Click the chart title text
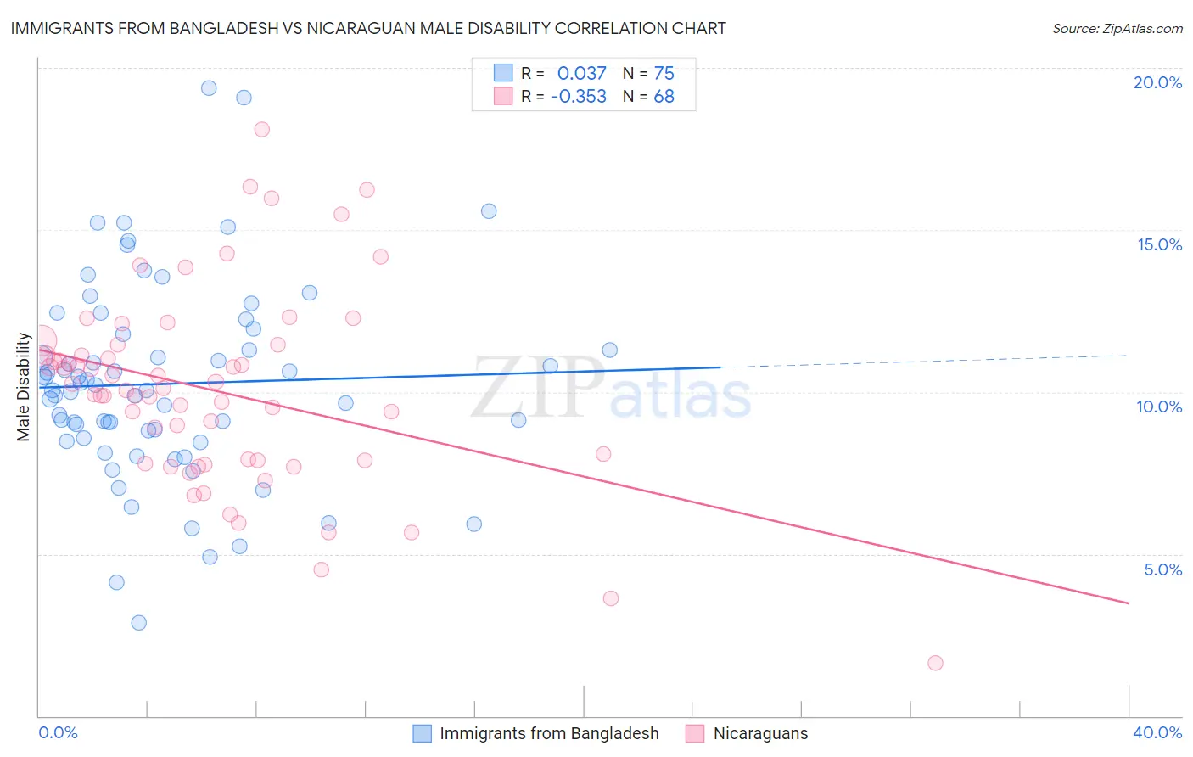[x=367, y=28]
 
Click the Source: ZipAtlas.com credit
[x=1117, y=28]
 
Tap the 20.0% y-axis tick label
[x=1157, y=82]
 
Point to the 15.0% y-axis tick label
[x=1159, y=244]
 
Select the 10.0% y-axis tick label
[x=1159, y=407]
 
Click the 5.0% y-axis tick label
[x=1162, y=569]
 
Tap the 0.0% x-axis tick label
[x=58, y=732]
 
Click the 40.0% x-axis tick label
[x=1157, y=732]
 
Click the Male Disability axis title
[x=24, y=387]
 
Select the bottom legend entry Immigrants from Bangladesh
[x=548, y=733]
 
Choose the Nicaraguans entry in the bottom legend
[x=760, y=733]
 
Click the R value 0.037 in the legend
[x=582, y=73]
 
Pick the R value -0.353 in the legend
[x=579, y=97]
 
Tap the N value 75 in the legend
[x=664, y=73]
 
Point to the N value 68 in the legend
[x=664, y=97]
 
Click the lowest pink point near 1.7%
[x=935, y=663]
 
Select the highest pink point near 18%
[x=262, y=129]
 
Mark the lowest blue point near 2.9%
[x=139, y=622]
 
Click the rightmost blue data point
[x=609, y=350]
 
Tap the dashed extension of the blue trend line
[x=925, y=361]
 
